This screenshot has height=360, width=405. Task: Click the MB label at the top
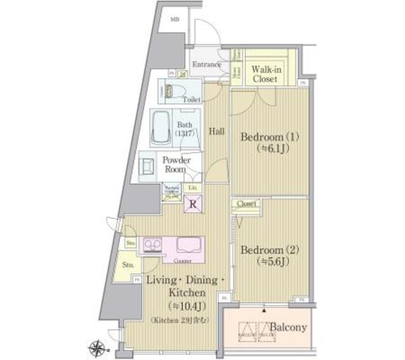tap(174, 19)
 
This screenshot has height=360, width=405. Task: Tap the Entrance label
tap(206, 65)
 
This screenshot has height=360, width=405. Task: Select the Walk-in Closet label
tap(266, 74)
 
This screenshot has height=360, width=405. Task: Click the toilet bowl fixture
tap(173, 90)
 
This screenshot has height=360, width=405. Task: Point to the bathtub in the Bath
tap(162, 128)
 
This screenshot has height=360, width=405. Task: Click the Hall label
tap(217, 131)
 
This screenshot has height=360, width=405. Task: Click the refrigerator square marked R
tap(193, 204)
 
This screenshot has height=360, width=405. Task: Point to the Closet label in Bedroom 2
tap(247, 204)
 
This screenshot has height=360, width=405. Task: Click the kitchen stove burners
tap(153, 244)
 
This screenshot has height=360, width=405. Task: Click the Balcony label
tap(289, 328)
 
